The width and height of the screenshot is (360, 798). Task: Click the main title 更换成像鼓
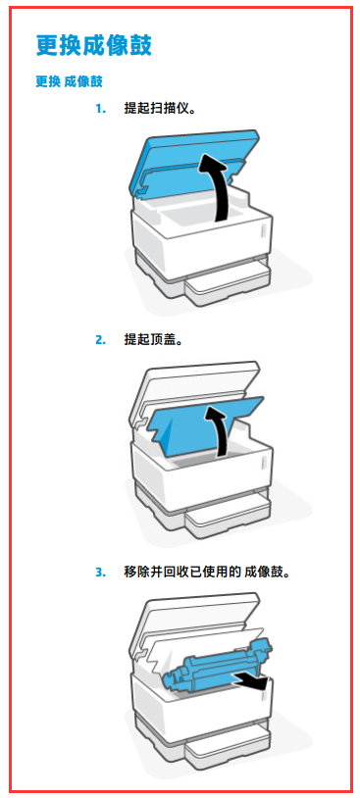click(94, 45)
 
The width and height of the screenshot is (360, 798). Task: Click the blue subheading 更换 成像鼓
click(70, 81)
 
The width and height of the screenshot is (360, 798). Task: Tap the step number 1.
click(101, 109)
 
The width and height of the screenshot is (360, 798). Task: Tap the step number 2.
click(101, 340)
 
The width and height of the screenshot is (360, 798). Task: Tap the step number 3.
click(101, 572)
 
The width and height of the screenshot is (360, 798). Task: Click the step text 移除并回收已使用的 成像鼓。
click(208, 572)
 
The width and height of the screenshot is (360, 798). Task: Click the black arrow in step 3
click(248, 680)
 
